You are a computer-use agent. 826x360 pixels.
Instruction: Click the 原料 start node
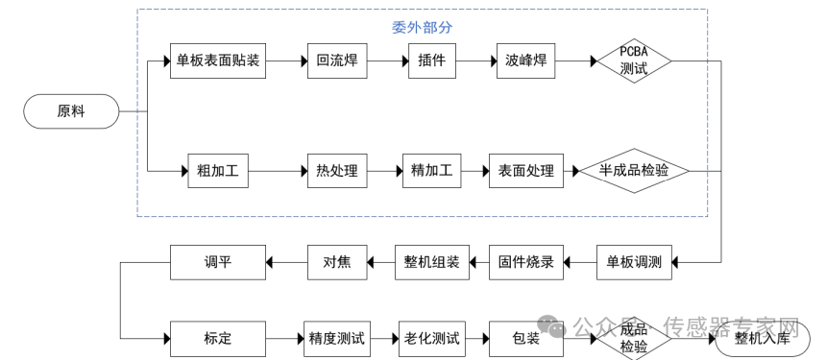click(71, 111)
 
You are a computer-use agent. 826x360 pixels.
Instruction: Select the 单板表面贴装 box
click(218, 61)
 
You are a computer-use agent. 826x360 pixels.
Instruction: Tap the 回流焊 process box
click(337, 61)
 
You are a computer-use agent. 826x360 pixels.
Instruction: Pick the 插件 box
click(432, 61)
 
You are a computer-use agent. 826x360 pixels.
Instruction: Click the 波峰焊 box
click(526, 61)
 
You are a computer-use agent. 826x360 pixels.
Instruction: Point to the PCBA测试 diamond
click(634, 61)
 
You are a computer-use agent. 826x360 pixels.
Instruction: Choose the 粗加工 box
click(218, 171)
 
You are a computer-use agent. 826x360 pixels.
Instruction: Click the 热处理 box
click(337, 171)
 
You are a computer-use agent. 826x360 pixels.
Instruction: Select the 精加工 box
click(432, 171)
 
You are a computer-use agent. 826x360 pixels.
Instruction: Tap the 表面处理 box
click(526, 171)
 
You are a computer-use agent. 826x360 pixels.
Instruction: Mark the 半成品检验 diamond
click(634, 171)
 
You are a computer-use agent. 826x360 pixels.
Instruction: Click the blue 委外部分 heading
click(422, 28)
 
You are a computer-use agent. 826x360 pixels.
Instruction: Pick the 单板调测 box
click(634, 262)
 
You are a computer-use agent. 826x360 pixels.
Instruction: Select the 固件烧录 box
click(526, 262)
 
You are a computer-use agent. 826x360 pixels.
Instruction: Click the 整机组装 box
click(432, 262)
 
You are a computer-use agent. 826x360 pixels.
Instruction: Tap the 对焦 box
click(337, 262)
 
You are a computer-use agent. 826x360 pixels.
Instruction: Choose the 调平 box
click(218, 262)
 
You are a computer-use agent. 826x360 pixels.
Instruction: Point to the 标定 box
click(218, 339)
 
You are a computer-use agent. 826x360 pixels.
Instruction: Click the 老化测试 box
click(432, 339)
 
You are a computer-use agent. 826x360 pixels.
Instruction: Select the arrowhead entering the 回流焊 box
click(304, 61)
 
